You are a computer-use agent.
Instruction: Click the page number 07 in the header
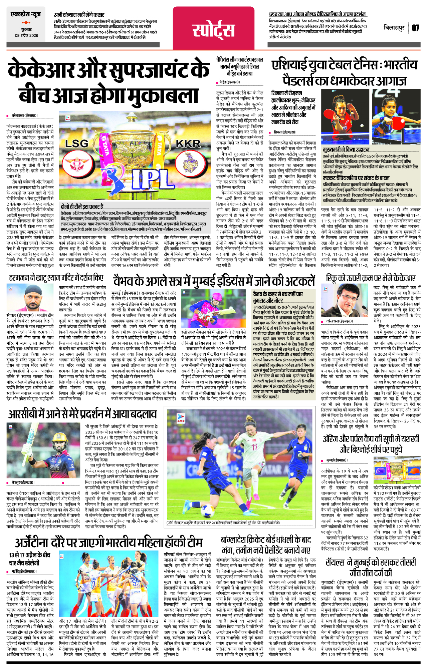415,28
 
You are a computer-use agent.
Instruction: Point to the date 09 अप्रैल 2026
26,36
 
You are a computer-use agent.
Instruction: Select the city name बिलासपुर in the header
394,28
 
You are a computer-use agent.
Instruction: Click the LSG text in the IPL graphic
77,143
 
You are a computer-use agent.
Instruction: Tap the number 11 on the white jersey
254,447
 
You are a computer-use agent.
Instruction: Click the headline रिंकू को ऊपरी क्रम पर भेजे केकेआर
371,278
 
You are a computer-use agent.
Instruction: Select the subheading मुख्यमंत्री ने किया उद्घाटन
346,150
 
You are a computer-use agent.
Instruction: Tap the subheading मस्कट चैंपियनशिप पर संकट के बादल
356,178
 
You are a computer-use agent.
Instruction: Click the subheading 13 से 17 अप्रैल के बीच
30,555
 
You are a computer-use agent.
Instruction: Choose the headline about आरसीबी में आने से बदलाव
82,414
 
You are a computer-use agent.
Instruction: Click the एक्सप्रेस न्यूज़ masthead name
26,14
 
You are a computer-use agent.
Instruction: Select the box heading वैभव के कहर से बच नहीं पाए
278,294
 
